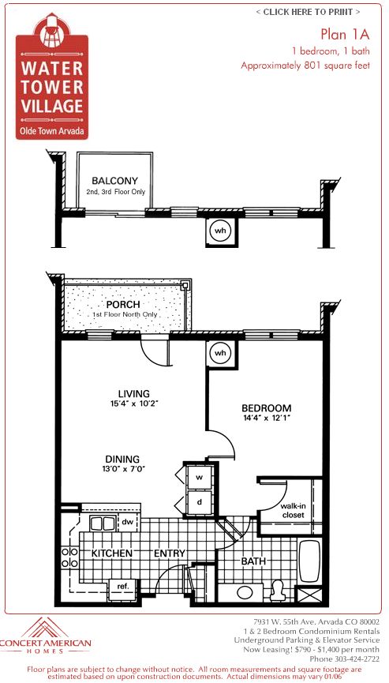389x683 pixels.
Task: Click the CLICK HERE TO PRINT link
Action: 308,12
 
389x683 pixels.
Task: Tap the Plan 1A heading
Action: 345,34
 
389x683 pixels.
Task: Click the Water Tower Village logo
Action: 52,76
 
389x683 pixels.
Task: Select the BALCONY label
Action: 115,180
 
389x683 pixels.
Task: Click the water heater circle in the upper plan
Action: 221,231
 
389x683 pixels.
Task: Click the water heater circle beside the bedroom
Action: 221,354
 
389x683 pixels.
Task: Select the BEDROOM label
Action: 266,408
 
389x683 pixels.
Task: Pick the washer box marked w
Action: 200,478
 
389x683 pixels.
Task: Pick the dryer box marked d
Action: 200,502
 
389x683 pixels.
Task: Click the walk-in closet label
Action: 292,510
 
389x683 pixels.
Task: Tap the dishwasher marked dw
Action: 127,521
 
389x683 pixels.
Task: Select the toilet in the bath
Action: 277,588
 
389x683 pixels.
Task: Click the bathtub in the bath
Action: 310,561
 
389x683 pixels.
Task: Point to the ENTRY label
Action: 170,554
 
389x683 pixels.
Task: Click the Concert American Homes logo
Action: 46,636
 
